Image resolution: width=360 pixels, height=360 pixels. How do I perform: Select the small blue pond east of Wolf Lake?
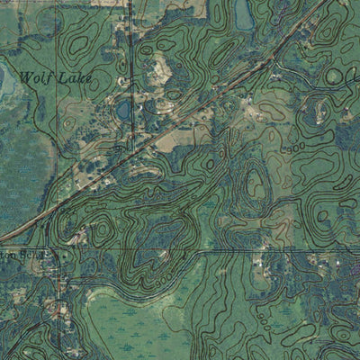click(123, 110)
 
